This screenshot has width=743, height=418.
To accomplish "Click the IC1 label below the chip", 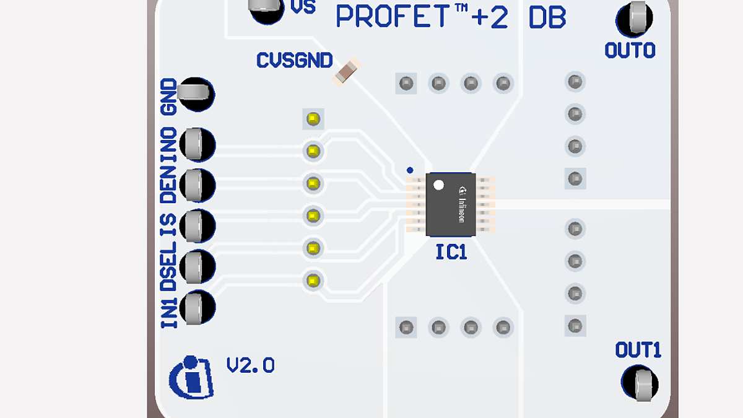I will pos(451,252).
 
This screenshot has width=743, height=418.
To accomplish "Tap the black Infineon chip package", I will pos(451,204).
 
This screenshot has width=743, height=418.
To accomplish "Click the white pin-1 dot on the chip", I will pos(438,185).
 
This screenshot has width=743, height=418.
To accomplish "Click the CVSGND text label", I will pos(294,61).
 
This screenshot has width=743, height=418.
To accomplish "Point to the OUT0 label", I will pos(630,51).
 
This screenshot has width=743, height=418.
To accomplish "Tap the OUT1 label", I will pos(638,351).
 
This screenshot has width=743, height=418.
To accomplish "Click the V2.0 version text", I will pos(250,365).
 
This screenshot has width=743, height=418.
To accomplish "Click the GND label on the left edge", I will pos(168,97).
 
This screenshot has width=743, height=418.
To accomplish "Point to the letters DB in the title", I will pos(547,19).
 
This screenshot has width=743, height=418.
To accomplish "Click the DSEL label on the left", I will pos(168,266).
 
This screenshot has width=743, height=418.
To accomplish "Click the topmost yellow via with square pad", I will pos(313,118).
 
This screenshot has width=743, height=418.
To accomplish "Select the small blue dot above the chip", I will pos(409,169).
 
